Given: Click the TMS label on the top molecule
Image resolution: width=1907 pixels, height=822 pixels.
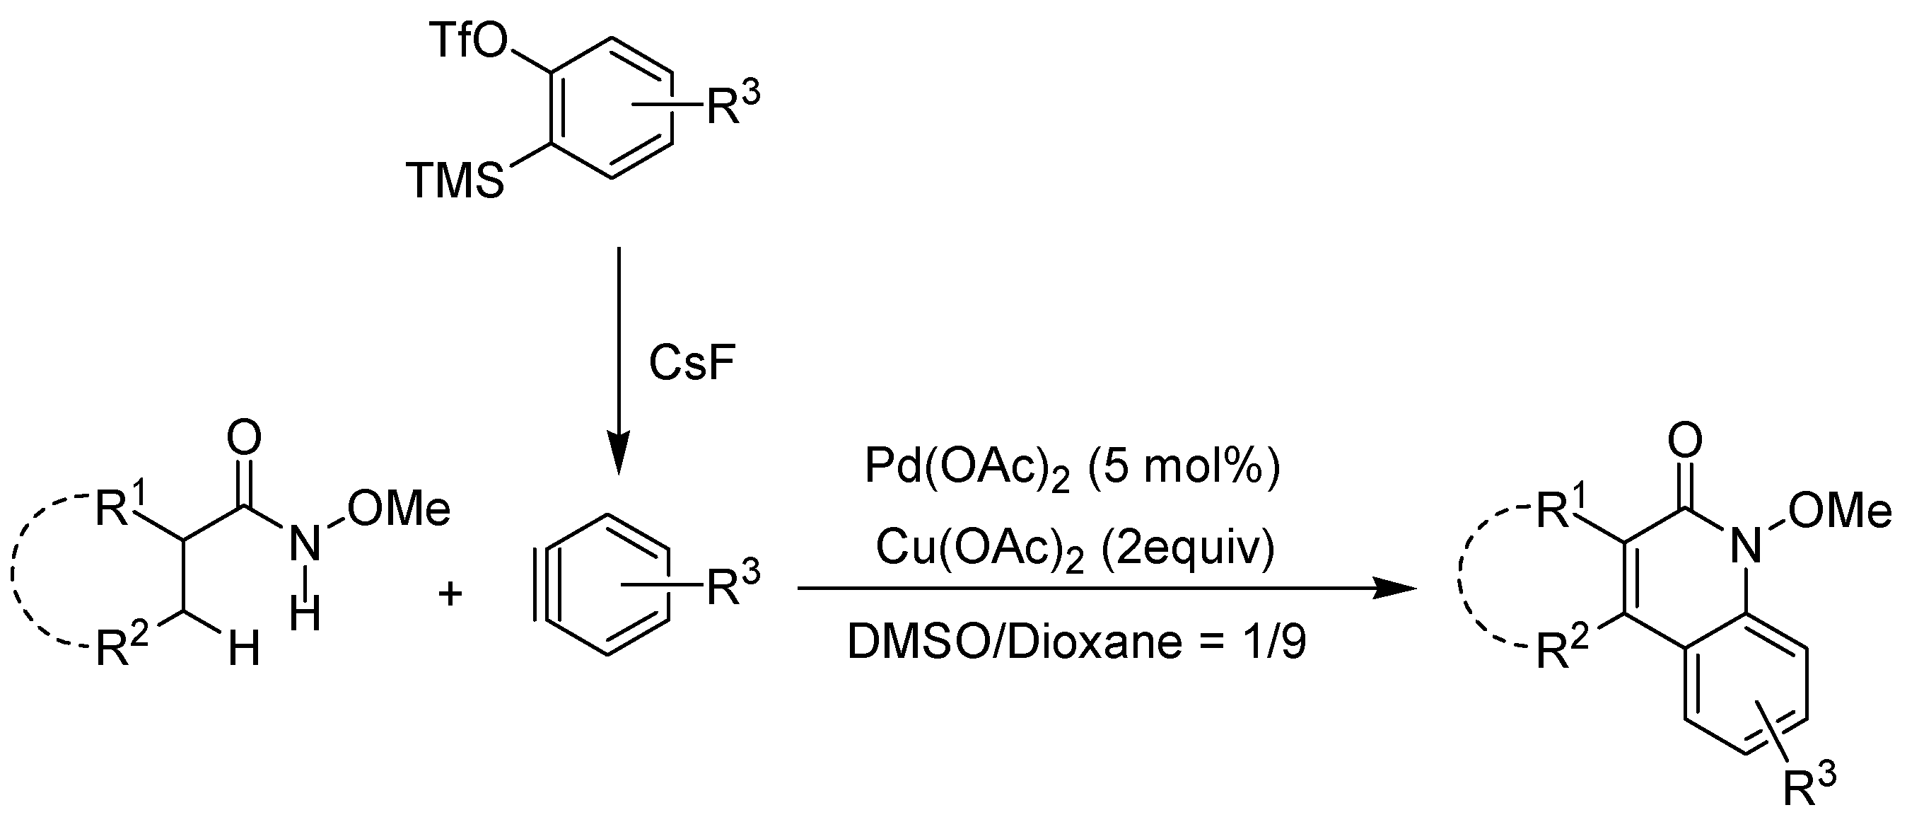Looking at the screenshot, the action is pos(455,181).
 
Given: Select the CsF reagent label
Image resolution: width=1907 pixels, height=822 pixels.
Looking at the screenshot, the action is pos(692,364).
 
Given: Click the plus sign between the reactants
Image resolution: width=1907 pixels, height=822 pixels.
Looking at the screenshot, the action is pos(450,592).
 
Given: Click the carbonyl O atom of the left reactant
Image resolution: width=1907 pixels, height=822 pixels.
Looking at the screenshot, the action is pos(243,439).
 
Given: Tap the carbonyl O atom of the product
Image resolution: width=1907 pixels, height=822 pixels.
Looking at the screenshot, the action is pos(1686,440).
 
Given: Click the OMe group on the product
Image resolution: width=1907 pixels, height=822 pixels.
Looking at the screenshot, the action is pos(1840,511).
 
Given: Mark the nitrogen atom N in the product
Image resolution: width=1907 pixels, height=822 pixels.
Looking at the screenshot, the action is pos(1746,547).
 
